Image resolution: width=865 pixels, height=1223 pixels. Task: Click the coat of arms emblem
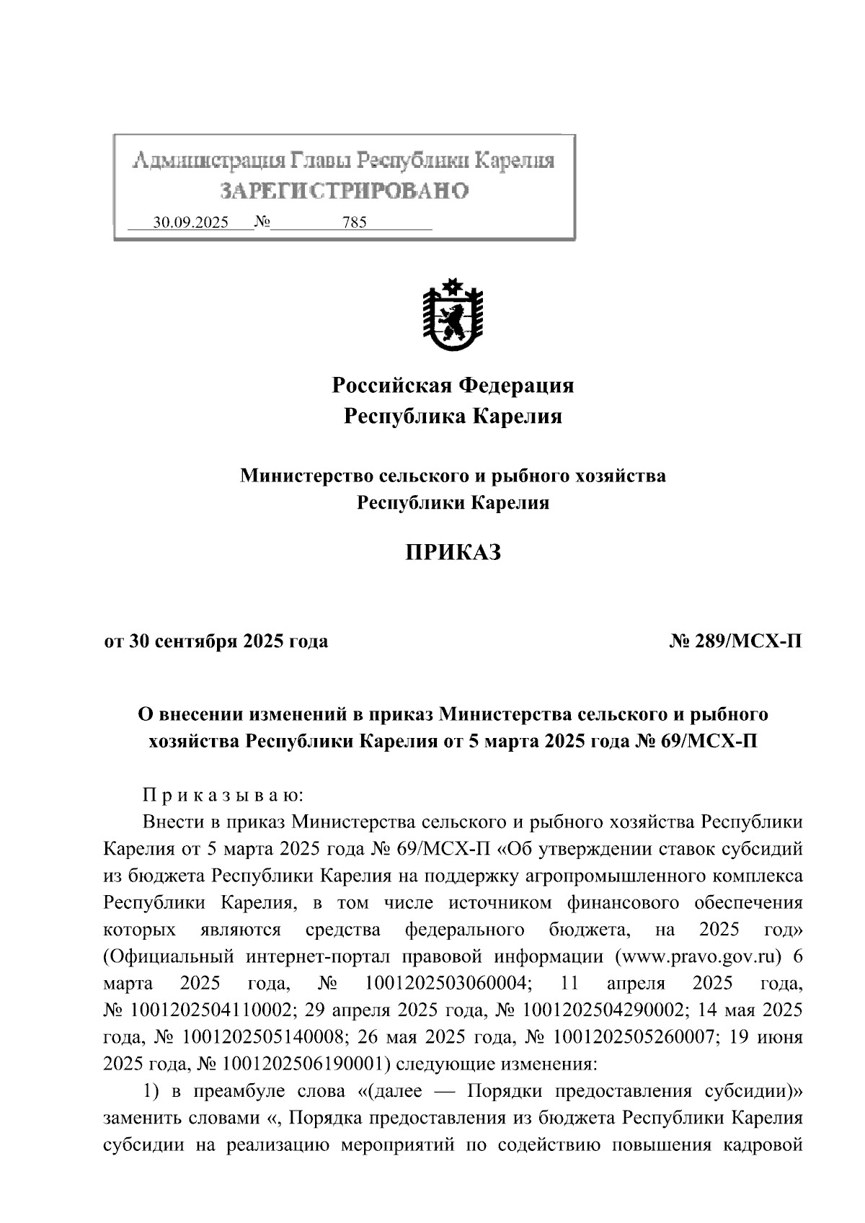pyautogui.click(x=453, y=315)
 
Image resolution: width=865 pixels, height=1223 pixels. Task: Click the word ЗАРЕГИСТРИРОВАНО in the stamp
pyautogui.click(x=344, y=191)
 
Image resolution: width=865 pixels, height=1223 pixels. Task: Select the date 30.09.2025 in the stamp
pyautogui.click(x=191, y=223)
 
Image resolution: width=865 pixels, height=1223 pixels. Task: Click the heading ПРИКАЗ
pyautogui.click(x=452, y=553)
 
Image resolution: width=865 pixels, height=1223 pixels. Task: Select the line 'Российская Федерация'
pyautogui.click(x=453, y=386)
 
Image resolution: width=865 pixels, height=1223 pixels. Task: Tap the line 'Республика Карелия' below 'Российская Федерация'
pyautogui.click(x=453, y=417)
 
